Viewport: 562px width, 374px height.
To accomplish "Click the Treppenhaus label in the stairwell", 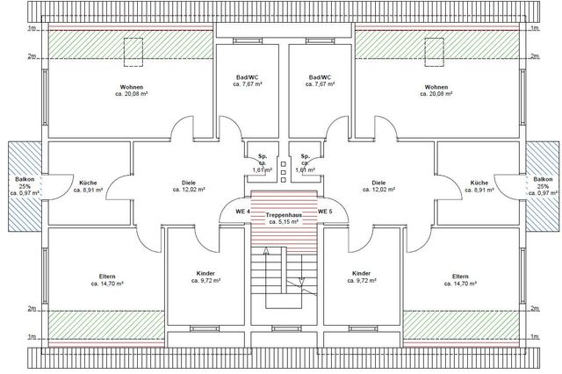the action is coord(284,215).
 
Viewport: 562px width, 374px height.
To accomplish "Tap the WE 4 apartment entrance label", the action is coord(242,212).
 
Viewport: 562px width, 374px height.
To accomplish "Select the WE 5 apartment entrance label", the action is coord(325,212).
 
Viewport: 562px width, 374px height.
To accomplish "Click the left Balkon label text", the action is coord(25,179).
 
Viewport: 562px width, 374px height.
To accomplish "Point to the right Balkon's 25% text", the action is coord(543,186).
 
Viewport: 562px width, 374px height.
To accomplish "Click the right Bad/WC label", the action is coord(320,77).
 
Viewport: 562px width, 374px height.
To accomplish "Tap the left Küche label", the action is coord(88,183).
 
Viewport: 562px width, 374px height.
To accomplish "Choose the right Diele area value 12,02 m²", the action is coord(378,190).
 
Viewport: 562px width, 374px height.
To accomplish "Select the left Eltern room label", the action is coord(107,277).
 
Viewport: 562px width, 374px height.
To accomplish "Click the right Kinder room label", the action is coord(362,273).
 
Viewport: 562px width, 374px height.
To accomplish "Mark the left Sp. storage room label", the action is coord(263,156).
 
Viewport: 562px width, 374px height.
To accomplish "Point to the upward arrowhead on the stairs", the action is coord(266,251).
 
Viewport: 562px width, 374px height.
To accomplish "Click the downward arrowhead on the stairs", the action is coord(301,282).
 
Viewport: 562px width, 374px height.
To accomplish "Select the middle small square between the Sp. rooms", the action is coord(284,172).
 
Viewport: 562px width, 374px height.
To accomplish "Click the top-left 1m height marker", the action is coord(32,28).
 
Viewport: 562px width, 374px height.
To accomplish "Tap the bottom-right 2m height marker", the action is coord(535,308).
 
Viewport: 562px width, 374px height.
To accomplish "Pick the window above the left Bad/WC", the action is coord(248,41).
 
